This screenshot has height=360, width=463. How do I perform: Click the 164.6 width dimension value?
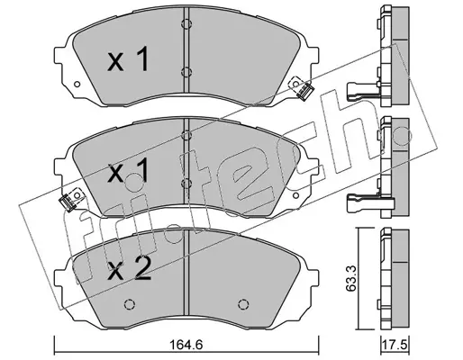click(186, 346)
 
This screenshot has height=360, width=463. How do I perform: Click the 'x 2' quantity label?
click(129, 269)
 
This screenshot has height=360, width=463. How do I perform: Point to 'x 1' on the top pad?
click(128, 58)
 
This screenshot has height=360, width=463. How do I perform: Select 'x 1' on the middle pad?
click(128, 170)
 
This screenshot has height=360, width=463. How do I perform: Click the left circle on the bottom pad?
click(130, 304)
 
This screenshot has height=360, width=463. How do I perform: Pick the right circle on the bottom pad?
click(243, 304)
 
